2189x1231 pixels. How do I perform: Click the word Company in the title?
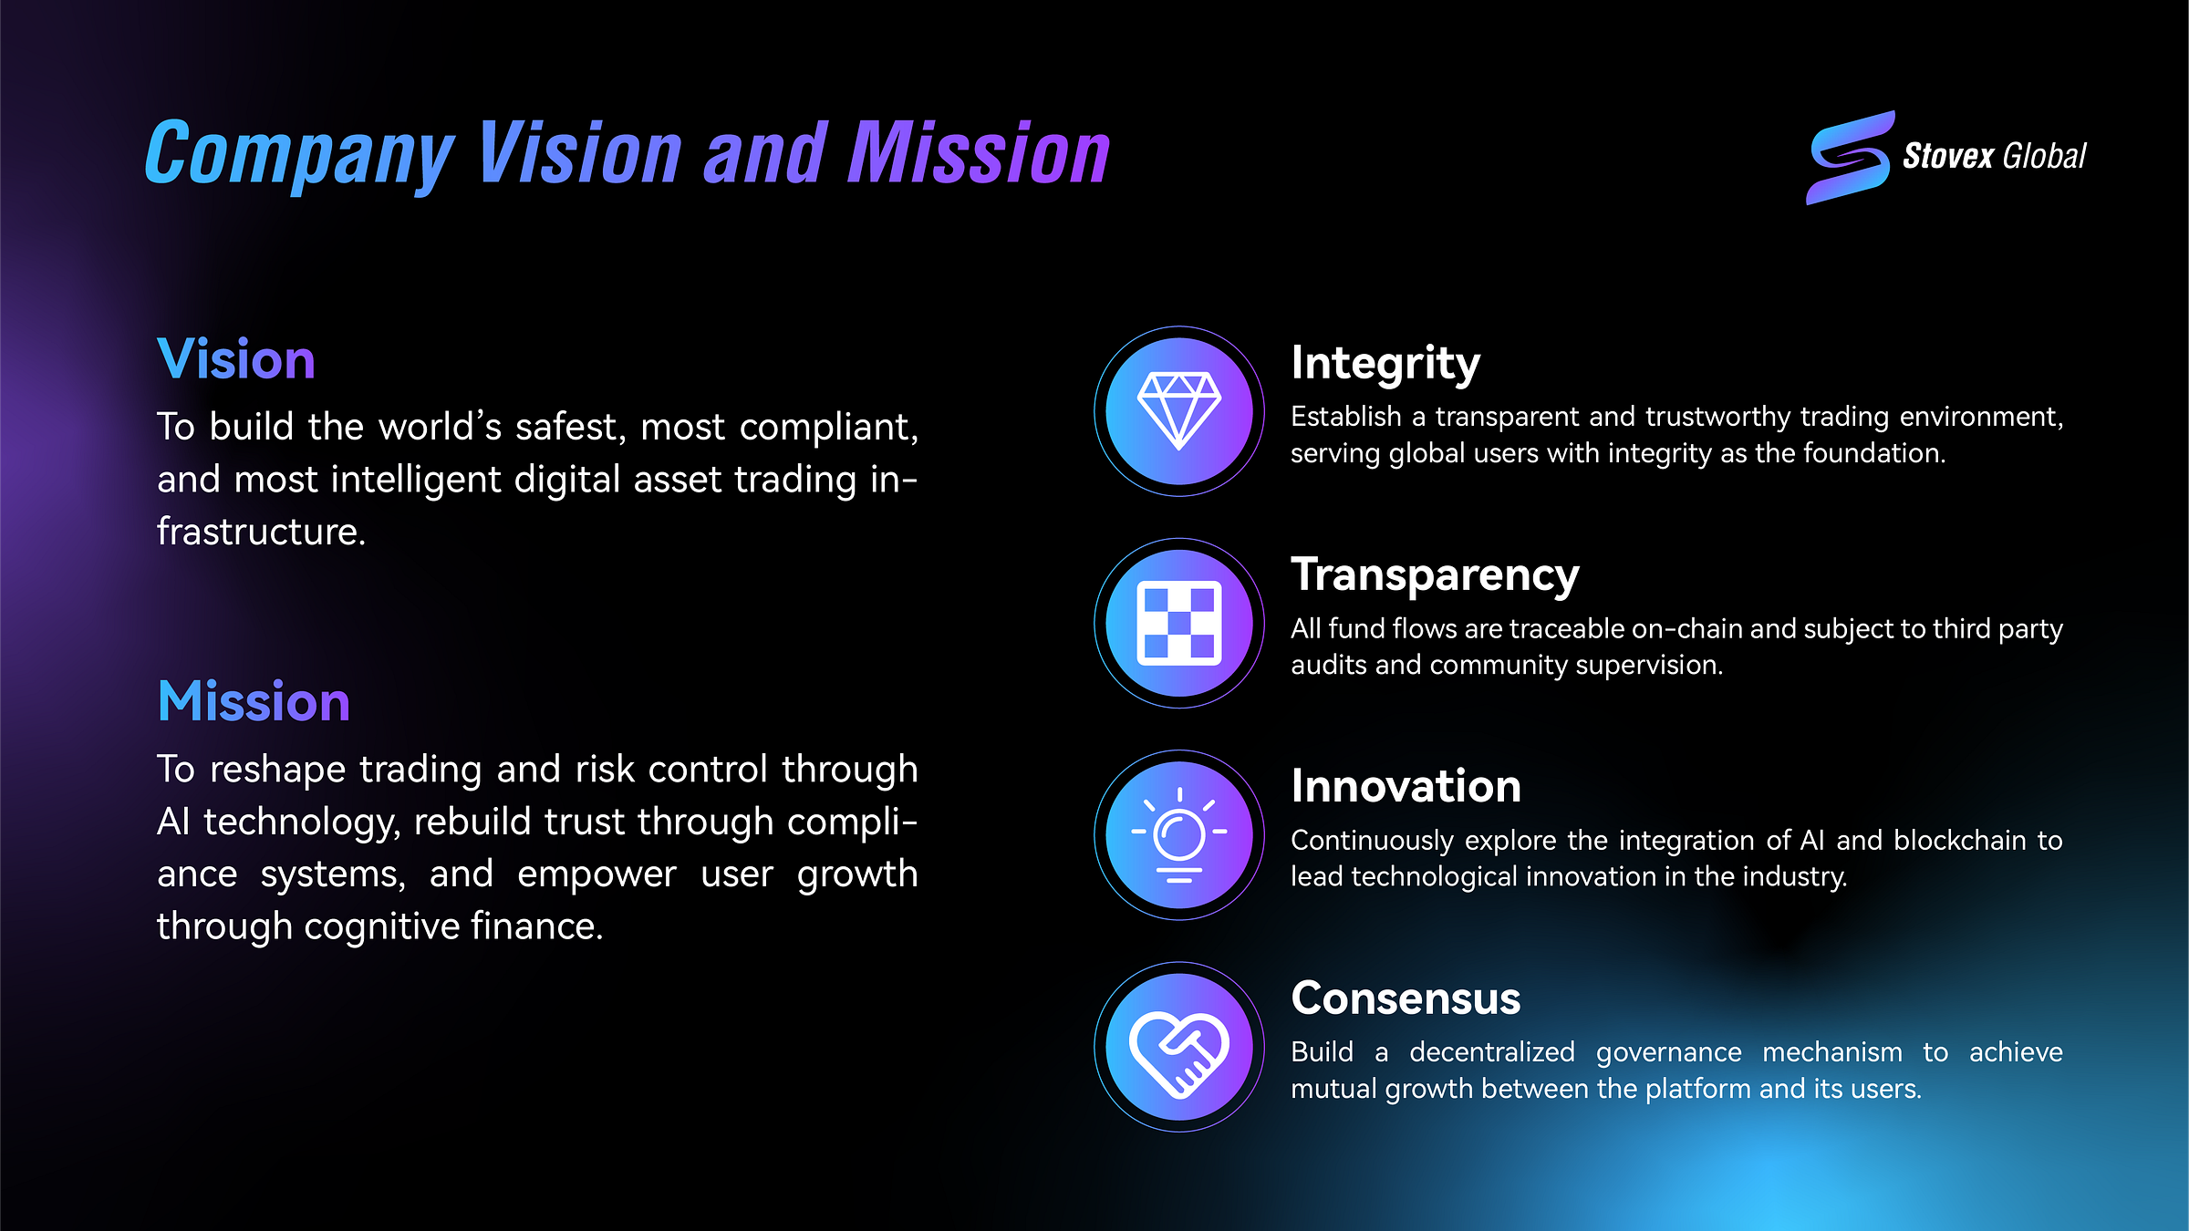point(299,155)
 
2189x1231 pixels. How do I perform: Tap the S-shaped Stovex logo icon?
point(1850,158)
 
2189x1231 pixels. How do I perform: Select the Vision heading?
point(236,359)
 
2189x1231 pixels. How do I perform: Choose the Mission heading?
point(254,701)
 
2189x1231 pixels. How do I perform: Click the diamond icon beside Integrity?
point(1178,411)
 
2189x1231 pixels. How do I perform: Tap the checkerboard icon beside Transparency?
point(1178,623)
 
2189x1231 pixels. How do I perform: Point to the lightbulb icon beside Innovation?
point(1178,835)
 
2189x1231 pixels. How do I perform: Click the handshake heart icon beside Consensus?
point(1178,1047)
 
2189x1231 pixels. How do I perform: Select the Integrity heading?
point(1385,364)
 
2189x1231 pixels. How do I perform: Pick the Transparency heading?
point(1435,575)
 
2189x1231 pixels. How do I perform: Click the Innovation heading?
point(1406,787)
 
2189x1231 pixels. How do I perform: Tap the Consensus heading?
point(1406,998)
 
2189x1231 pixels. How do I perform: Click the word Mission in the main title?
point(978,155)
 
